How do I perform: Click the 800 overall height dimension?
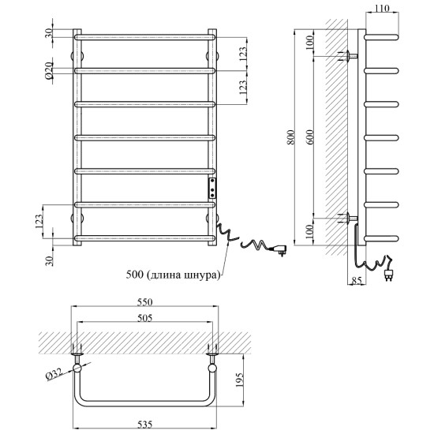click(x=291, y=137)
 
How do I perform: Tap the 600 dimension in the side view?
click(x=310, y=137)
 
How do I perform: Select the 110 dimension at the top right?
click(x=382, y=9)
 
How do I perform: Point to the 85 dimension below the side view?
click(x=357, y=280)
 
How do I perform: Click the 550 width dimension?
click(x=145, y=302)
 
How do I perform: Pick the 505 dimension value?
click(x=145, y=318)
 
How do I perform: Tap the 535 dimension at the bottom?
click(x=144, y=424)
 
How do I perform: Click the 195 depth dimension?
click(x=239, y=380)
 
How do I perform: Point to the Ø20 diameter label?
click(x=49, y=71)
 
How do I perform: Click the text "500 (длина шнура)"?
click(x=173, y=275)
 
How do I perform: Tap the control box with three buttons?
click(x=212, y=189)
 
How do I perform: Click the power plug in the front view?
click(x=279, y=249)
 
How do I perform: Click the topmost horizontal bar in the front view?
click(x=144, y=37)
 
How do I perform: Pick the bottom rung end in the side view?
click(x=382, y=238)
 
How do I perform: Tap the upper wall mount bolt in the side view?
click(x=349, y=56)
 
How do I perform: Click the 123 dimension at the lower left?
click(x=39, y=222)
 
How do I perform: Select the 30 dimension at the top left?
click(x=48, y=33)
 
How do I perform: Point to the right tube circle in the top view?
click(x=212, y=369)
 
